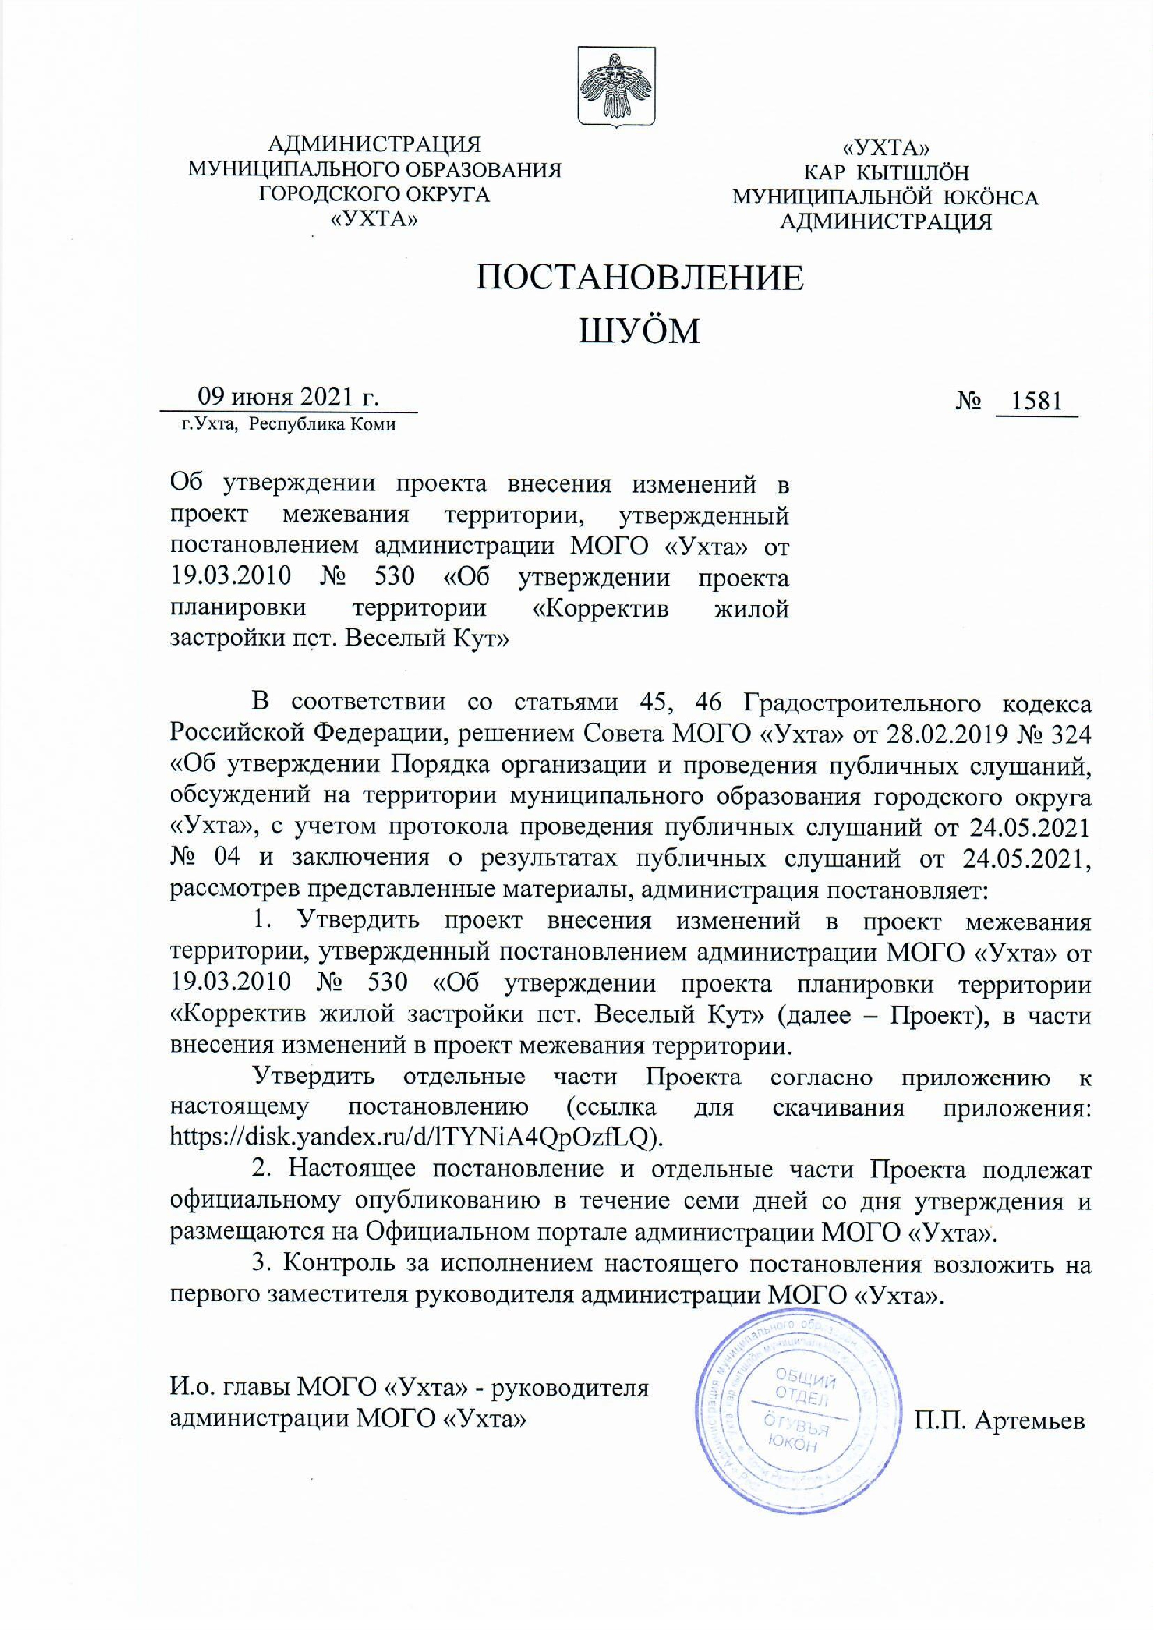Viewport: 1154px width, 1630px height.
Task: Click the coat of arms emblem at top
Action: click(615, 89)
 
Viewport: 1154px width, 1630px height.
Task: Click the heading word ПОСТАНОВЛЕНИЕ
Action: click(640, 278)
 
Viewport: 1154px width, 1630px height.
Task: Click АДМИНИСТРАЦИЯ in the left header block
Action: click(374, 144)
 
